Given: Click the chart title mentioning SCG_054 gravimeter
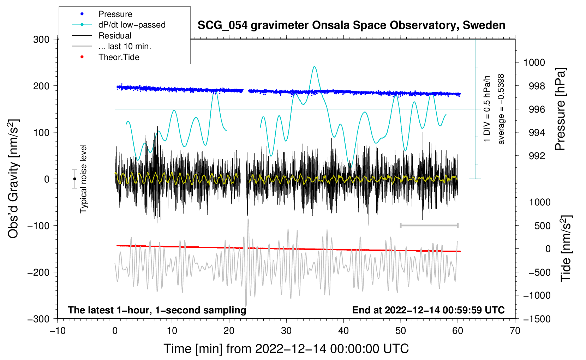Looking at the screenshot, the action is click(x=351, y=25).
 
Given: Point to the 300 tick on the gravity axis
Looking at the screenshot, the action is click(x=41, y=40).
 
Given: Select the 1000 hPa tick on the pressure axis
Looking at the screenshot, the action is click(x=534, y=62).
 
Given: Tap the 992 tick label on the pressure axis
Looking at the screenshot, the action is click(x=537, y=156).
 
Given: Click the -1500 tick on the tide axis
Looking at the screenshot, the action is click(x=537, y=319).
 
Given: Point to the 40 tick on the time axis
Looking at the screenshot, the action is click(x=343, y=331).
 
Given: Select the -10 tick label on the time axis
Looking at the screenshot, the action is click(x=58, y=331).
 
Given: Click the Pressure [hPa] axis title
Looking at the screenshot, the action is click(x=560, y=109).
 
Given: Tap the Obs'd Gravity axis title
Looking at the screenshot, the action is click(x=13, y=179).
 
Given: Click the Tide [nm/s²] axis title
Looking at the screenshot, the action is click(x=566, y=248).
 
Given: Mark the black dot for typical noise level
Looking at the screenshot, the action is click(x=74, y=179).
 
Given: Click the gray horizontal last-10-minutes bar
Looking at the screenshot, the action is click(x=429, y=225).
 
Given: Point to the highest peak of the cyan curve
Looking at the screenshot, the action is click(x=315, y=66).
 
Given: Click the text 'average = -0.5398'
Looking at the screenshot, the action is click(x=501, y=109).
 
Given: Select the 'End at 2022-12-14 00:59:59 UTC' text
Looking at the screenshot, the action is click(x=428, y=310).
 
